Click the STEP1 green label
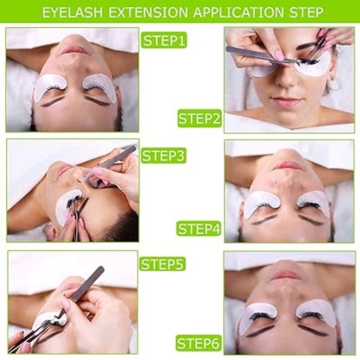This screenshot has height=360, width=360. (164, 40)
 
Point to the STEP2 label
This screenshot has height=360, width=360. (199, 118)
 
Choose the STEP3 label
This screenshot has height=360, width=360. (163, 156)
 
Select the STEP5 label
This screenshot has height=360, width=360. (162, 264)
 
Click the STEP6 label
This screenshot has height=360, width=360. (199, 343)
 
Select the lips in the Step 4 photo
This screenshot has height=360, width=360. (288, 165)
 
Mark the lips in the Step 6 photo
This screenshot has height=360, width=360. (286, 275)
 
